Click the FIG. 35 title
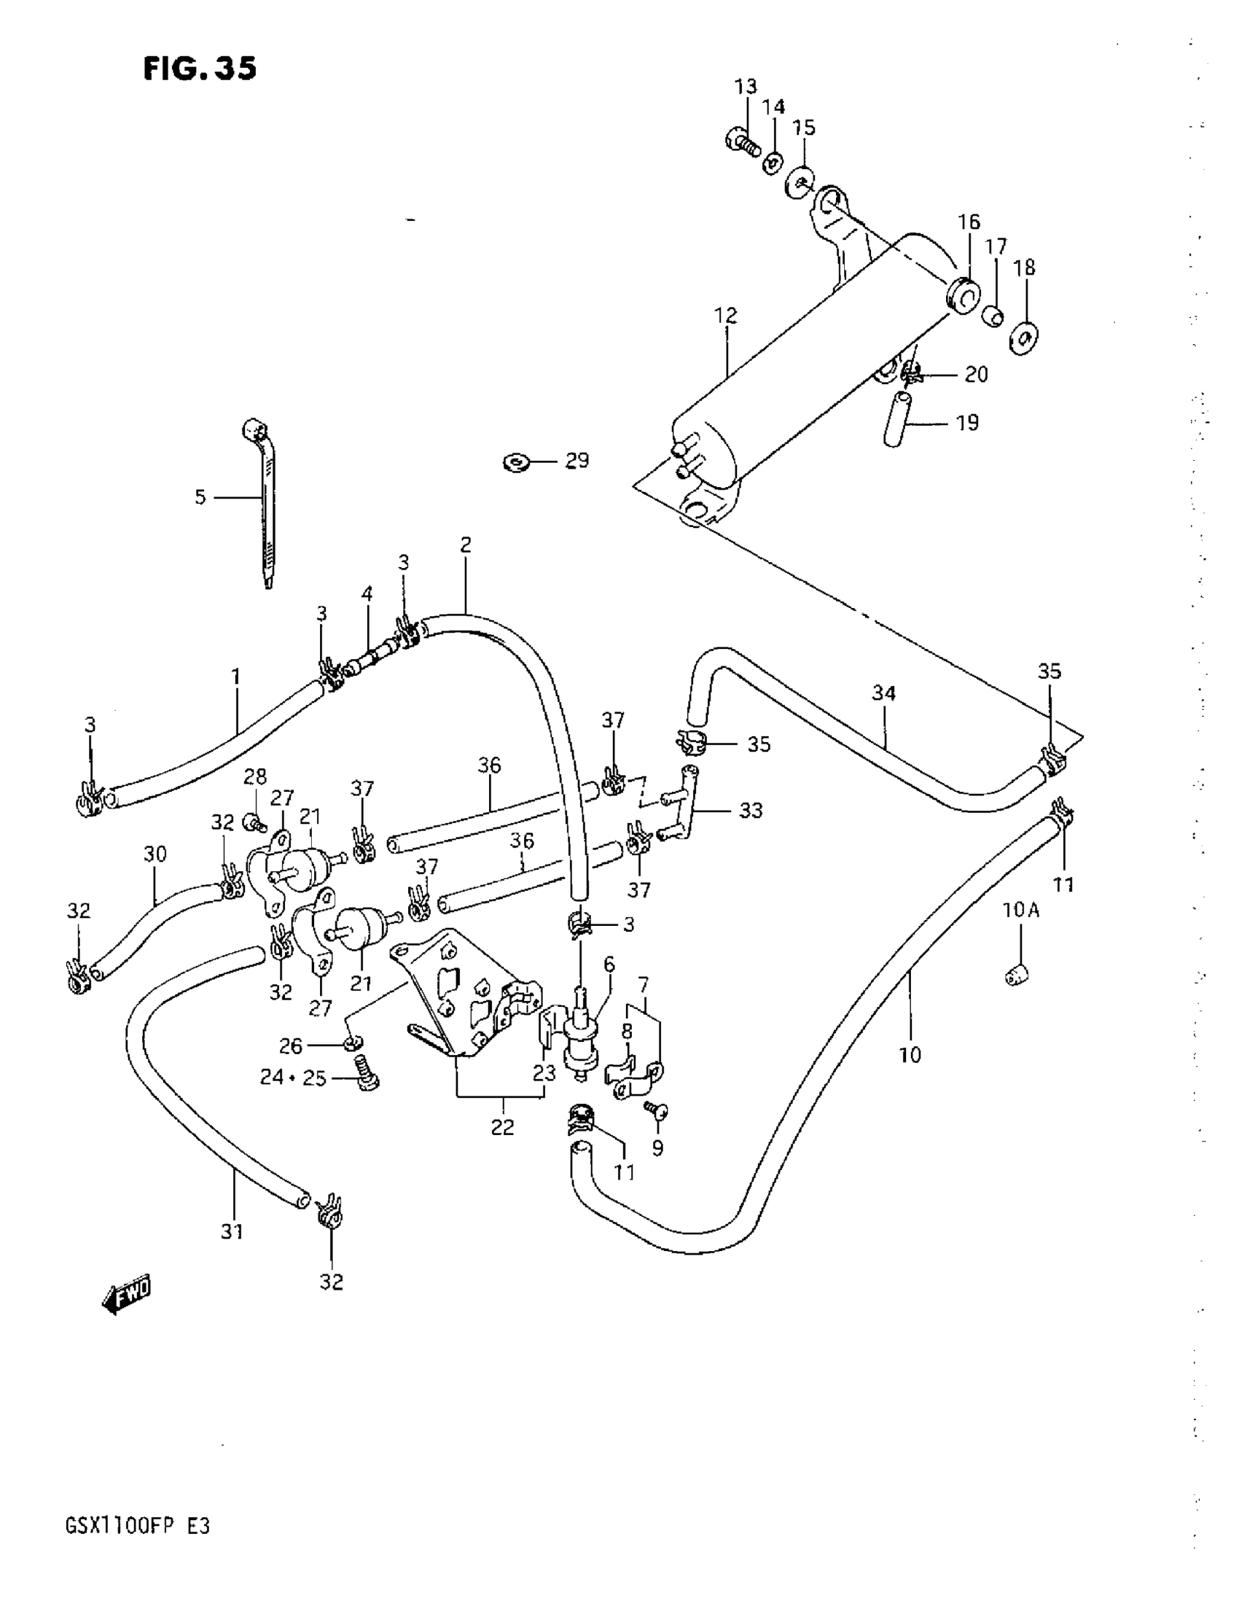pos(200,69)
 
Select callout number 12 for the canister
pos(725,316)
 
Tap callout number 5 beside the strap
pos(200,497)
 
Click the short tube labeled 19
pos(896,420)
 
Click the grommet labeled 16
pos(962,295)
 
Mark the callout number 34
pos(883,693)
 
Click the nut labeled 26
pos(352,1043)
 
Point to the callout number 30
pos(155,854)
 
